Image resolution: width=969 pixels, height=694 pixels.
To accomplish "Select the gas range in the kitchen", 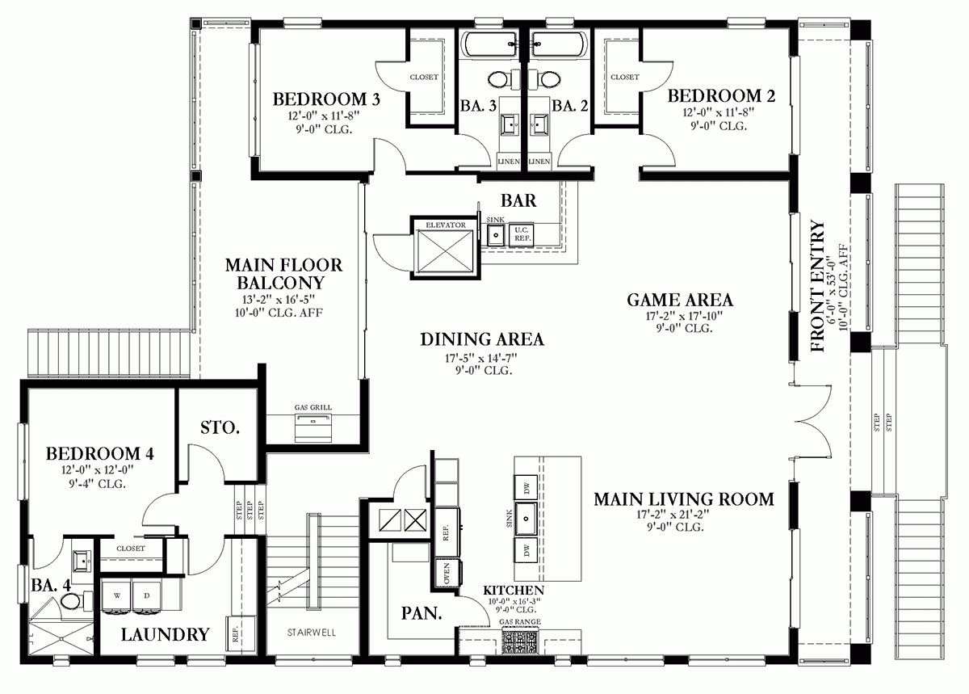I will (520, 641).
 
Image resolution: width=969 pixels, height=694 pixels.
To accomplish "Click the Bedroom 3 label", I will (326, 99).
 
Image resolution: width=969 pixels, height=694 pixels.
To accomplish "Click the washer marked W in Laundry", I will (117, 595).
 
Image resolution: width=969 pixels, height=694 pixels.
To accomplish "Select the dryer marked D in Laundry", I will (147, 595).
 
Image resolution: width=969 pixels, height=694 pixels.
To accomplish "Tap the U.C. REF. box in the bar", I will (522, 234).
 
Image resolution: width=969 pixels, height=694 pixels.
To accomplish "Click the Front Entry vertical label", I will (817, 287).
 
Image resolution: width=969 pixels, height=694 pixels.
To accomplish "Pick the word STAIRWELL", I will (312, 633).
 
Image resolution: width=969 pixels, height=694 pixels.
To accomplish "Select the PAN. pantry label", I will (422, 614).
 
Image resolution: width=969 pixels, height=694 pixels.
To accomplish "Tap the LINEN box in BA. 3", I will (510, 162).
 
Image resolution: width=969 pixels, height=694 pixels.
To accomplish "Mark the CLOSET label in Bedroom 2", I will (624, 78).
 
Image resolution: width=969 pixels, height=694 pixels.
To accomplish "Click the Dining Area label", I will (481, 339).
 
